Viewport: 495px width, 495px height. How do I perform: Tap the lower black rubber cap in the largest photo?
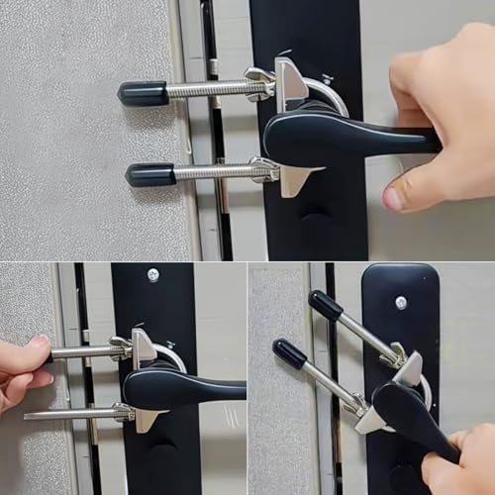point(149,175)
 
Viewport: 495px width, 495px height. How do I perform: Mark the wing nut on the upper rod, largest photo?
point(259,83)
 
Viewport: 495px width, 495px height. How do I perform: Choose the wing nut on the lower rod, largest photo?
point(263,168)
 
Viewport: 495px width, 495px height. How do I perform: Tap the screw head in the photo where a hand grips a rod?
point(152,275)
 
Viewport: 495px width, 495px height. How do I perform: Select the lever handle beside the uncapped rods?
point(183,387)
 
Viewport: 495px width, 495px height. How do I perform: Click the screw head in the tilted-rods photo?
point(401,302)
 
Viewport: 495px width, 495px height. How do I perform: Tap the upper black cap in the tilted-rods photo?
point(325,304)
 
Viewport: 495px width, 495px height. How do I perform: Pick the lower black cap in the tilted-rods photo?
point(290,353)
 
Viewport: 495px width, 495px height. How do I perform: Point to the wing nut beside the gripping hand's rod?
point(121,347)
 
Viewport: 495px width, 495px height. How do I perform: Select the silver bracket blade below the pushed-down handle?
point(371,420)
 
